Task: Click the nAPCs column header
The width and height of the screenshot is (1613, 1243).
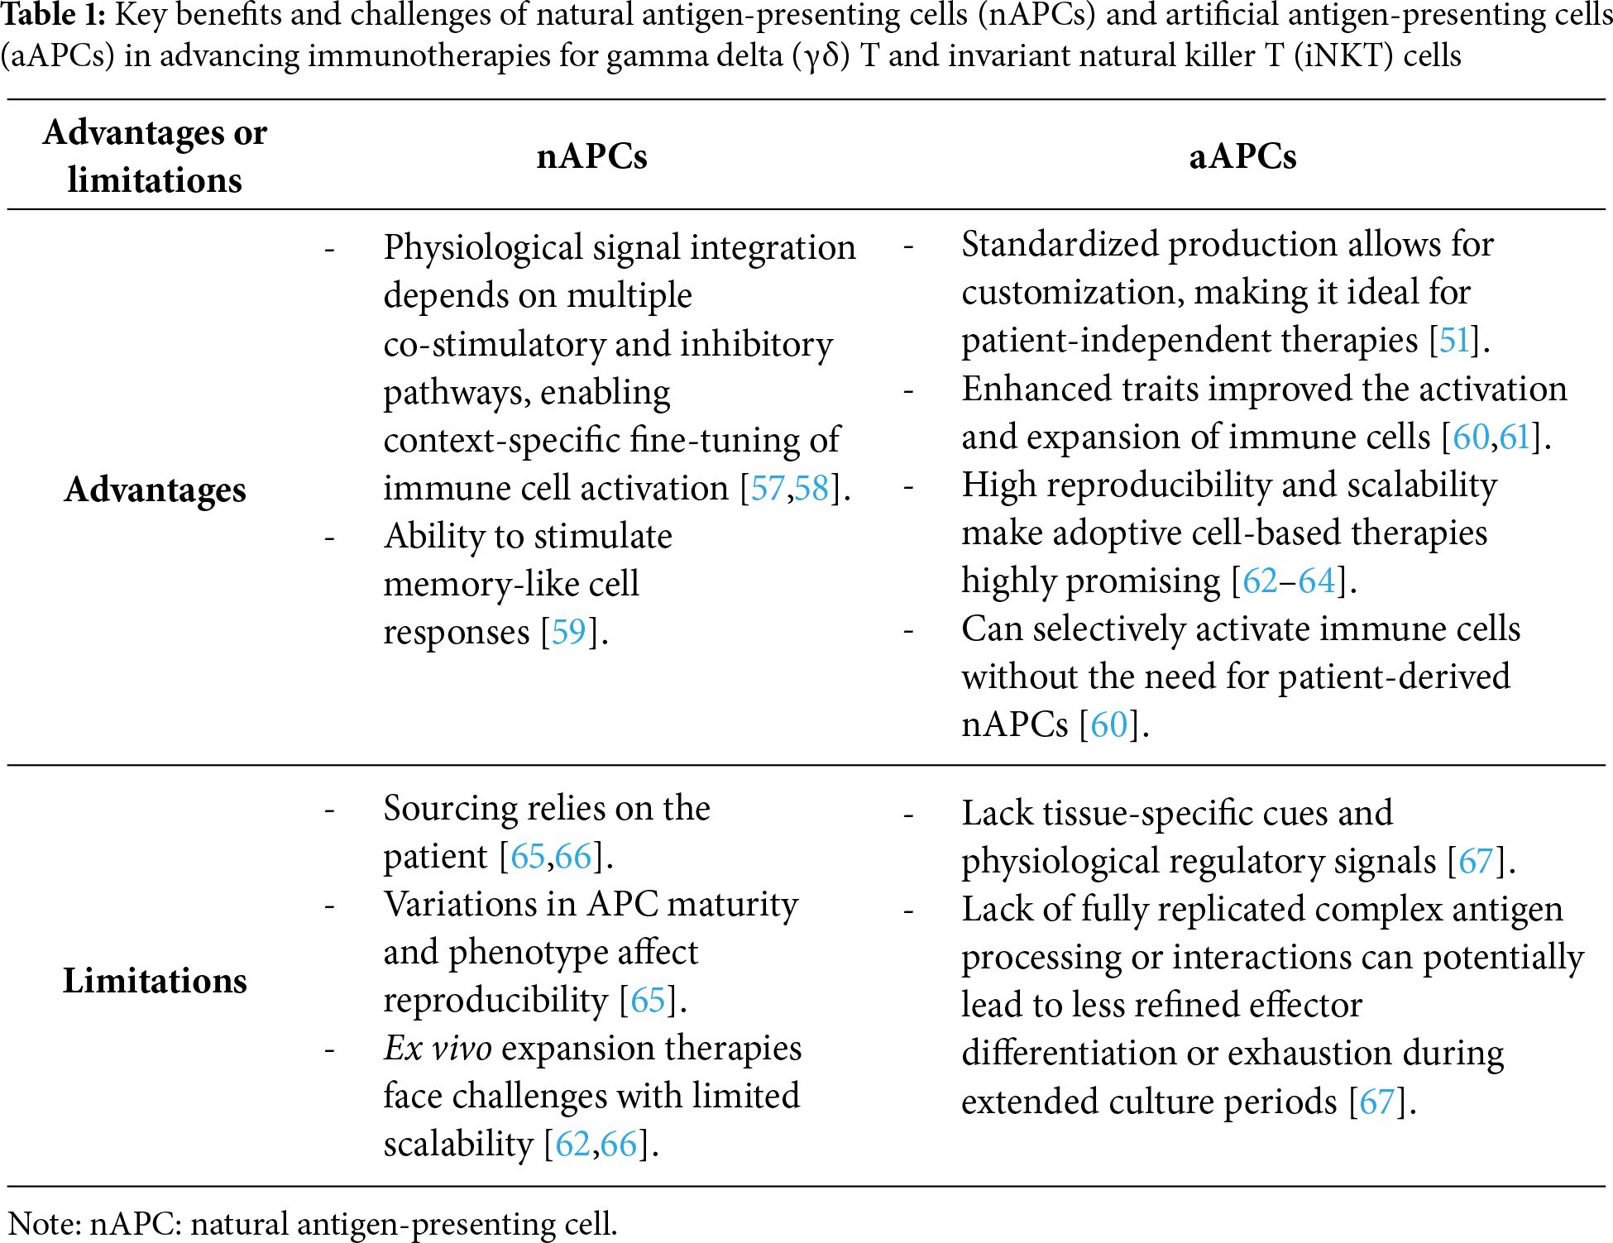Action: tap(591, 156)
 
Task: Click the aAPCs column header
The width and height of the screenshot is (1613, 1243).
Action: tap(1242, 156)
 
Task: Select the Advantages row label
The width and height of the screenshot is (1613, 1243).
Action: tap(156, 490)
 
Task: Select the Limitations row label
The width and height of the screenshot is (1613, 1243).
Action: tap(156, 981)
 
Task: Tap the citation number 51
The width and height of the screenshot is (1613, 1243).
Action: tap(1454, 341)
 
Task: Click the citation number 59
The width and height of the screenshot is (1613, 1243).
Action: tap(568, 633)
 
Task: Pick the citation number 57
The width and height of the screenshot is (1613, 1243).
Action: tap(767, 488)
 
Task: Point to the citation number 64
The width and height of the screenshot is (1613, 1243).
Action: tap(1317, 581)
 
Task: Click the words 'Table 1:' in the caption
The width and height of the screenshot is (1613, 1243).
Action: tap(53, 15)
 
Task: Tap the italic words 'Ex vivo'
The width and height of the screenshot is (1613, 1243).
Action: tap(438, 1049)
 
